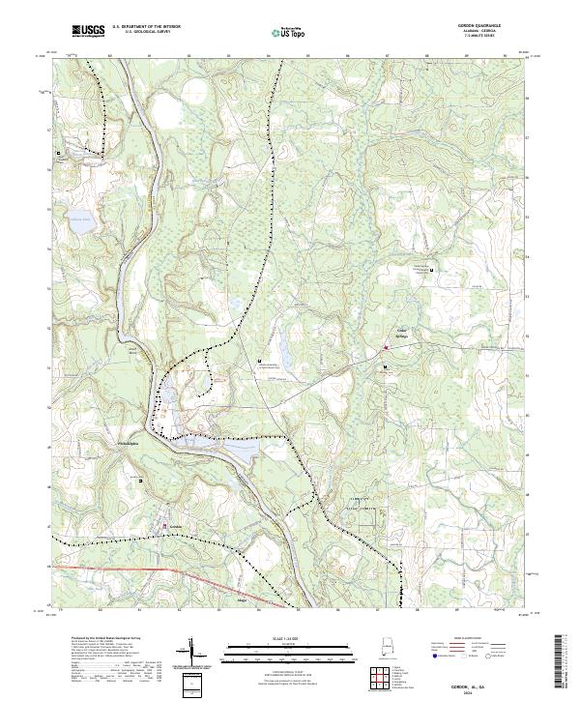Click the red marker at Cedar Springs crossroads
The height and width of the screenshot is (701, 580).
387,346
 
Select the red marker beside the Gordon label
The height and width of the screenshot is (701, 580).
165,526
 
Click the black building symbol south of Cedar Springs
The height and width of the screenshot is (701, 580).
385,368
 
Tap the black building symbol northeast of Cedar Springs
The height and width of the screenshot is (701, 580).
431,270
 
